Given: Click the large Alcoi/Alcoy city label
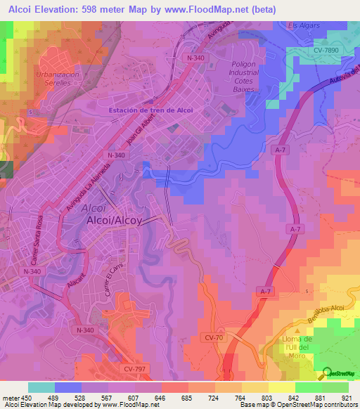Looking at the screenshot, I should (x=113, y=220).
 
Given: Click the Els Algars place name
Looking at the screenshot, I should (x=304, y=26).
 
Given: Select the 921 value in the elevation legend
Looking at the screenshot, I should (x=345, y=398).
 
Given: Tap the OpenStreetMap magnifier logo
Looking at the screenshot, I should (x=328, y=373).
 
